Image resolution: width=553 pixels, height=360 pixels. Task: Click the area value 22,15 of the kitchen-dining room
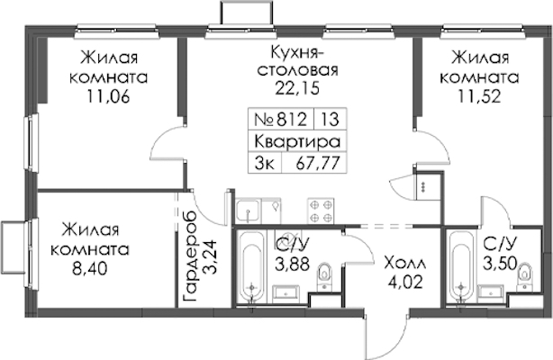297,88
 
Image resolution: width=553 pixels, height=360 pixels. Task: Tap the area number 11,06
109,96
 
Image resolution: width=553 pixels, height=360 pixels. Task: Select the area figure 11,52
479,96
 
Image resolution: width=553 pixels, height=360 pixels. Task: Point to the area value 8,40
89,269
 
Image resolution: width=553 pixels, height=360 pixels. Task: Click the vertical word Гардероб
191,257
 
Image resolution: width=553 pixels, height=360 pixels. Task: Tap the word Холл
405,264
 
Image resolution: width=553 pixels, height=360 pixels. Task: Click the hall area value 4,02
405,282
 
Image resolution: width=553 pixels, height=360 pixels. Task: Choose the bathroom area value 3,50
500,263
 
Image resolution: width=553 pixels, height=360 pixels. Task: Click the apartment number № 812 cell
281,119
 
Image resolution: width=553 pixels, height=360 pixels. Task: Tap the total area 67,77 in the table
314,163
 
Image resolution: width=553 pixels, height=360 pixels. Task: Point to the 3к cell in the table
265,163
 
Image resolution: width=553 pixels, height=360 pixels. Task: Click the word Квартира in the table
297,141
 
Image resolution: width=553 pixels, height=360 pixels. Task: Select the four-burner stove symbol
321,211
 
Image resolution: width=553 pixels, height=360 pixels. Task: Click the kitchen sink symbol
249,211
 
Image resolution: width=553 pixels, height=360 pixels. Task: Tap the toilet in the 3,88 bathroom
323,277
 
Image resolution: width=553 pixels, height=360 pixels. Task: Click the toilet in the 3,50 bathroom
525,277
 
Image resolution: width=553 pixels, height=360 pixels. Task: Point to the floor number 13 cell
331,119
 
